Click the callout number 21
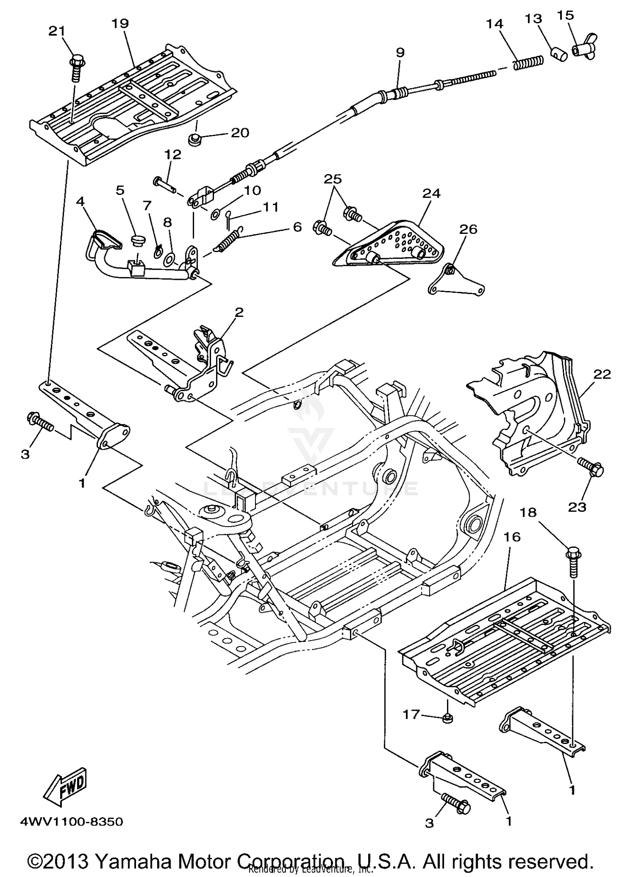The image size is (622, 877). click(x=57, y=31)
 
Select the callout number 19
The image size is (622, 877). click(x=120, y=23)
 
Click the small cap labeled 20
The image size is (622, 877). click(x=193, y=140)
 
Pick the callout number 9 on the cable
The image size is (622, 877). click(x=400, y=52)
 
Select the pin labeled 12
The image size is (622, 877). click(x=166, y=184)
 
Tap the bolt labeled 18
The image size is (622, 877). click(x=573, y=561)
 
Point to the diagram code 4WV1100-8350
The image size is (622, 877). click(x=71, y=822)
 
